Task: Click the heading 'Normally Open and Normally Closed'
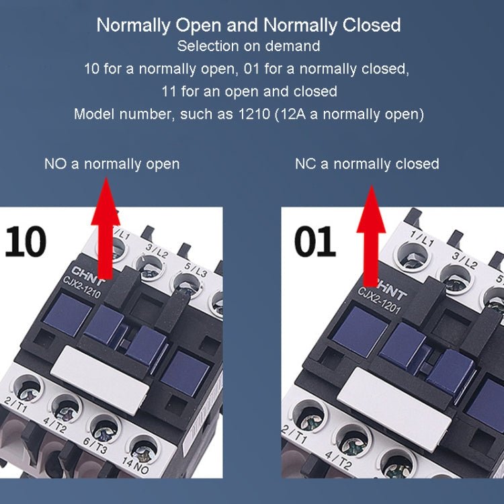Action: (249, 26)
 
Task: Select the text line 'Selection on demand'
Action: (249, 47)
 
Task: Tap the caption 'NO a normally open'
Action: (112, 164)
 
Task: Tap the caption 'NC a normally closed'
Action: (367, 164)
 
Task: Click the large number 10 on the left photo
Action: (26, 241)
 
